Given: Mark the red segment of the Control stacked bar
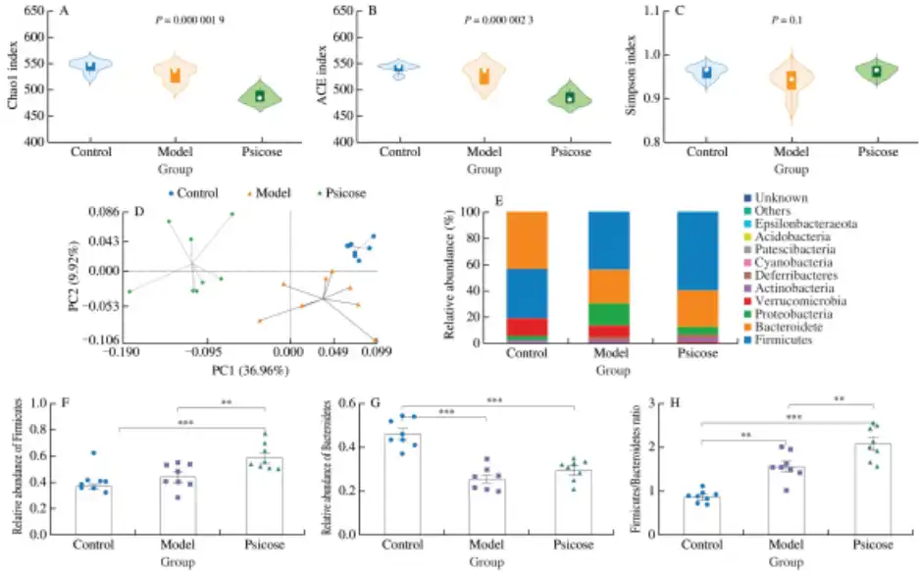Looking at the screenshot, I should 527,327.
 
